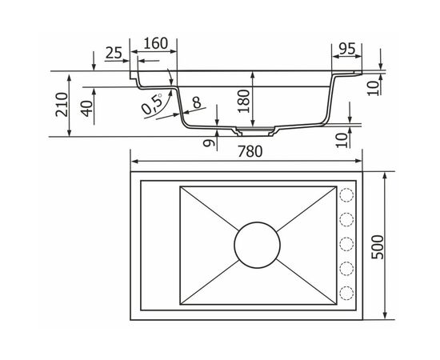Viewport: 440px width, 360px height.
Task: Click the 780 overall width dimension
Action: (x=250, y=151)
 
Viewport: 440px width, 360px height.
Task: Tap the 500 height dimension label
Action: (x=377, y=247)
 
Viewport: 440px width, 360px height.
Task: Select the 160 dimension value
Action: (x=156, y=43)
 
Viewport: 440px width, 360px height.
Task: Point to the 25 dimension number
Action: (x=114, y=53)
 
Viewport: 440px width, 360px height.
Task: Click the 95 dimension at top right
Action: (x=347, y=49)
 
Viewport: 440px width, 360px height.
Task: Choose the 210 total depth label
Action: (x=62, y=104)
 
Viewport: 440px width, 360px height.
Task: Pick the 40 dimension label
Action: (x=87, y=108)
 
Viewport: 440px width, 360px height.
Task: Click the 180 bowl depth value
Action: (x=243, y=101)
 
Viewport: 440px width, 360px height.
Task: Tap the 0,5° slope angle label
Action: (x=152, y=103)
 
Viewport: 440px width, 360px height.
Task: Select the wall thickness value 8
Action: (x=197, y=102)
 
